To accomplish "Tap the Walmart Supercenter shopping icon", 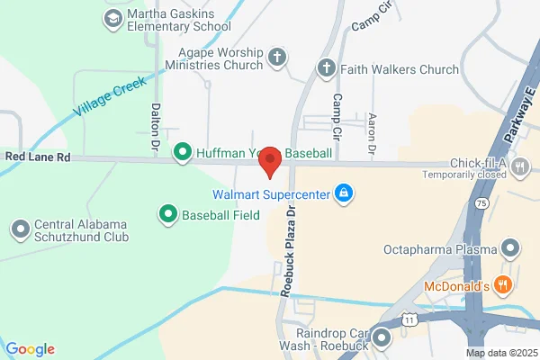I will click(343, 193).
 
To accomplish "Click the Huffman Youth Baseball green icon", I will click(183, 153).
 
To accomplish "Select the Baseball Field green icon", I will click(167, 214).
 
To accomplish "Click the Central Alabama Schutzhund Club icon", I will click(20, 230).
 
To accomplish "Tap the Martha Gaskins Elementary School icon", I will click(112, 18).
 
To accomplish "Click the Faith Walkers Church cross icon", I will click(326, 67).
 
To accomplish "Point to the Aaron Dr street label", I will click(371, 131).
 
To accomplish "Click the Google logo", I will click(31, 349).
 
